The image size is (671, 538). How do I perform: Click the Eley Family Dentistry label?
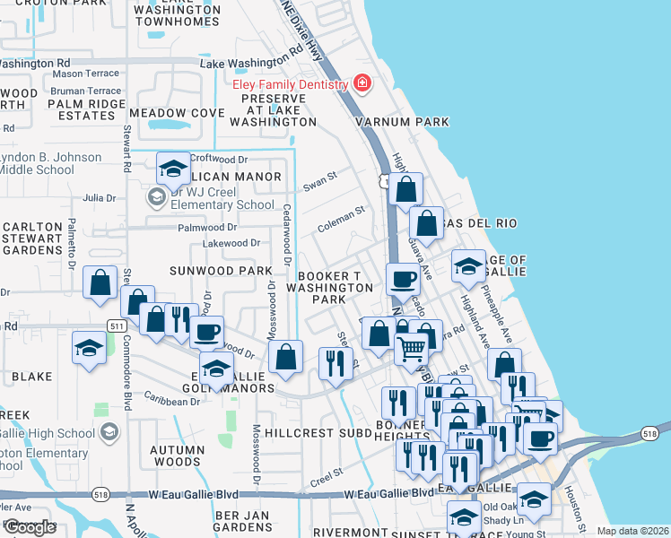pyautogui.click(x=290, y=84)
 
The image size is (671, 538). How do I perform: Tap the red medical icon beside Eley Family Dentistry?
pyautogui.click(x=362, y=84)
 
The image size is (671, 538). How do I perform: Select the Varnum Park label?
pyautogui.click(x=401, y=121)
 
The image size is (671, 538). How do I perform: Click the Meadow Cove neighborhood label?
pyautogui.click(x=177, y=113)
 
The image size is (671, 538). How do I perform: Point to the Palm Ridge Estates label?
pyautogui.click(x=87, y=109)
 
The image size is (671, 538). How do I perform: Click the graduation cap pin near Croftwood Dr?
pyautogui.click(x=173, y=169)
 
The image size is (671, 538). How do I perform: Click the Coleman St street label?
pyautogui.click(x=341, y=216)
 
